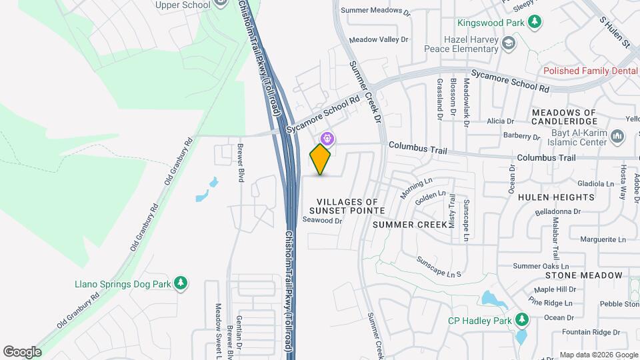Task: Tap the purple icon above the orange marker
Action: point(327,139)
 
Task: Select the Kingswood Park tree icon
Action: point(535,23)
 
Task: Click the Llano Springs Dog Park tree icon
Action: point(179,283)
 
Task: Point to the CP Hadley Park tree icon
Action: point(521,321)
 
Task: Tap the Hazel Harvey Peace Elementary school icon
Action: point(509,44)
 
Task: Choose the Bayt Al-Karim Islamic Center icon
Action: point(617,137)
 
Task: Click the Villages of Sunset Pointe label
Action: point(347,206)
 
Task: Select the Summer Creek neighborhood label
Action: point(409,225)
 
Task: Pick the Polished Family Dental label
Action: point(591,71)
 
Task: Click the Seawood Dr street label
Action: point(322,220)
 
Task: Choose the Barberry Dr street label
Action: point(521,135)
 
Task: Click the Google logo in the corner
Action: point(22,351)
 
